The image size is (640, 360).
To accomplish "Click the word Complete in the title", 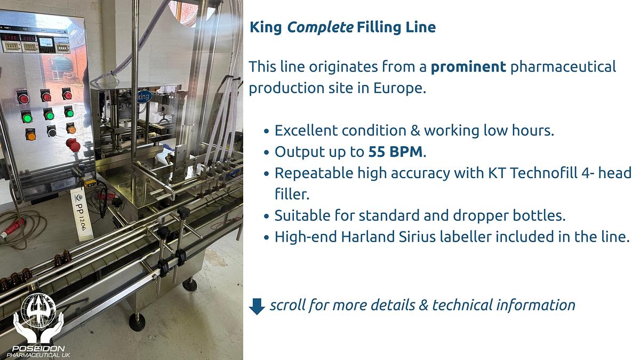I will click(320, 27).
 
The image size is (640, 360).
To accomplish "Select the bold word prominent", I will click(468, 67).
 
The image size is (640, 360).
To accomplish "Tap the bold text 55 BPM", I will click(395, 152).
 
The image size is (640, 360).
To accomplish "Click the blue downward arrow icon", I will click(257, 306).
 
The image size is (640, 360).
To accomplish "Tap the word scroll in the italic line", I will click(287, 305).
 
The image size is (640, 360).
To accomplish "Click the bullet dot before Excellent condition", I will click(266, 131).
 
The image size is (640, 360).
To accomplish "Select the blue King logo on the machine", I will click(143, 97).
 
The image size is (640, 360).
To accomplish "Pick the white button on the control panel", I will click(51, 131).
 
